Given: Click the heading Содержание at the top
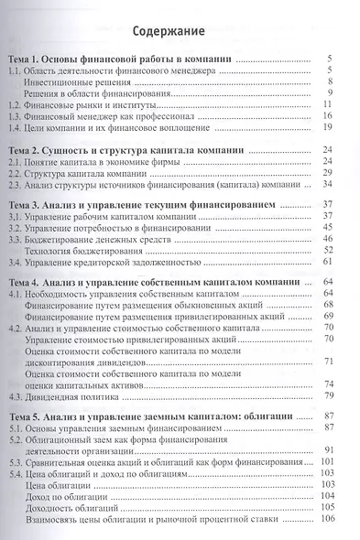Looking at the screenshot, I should (180, 33).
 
